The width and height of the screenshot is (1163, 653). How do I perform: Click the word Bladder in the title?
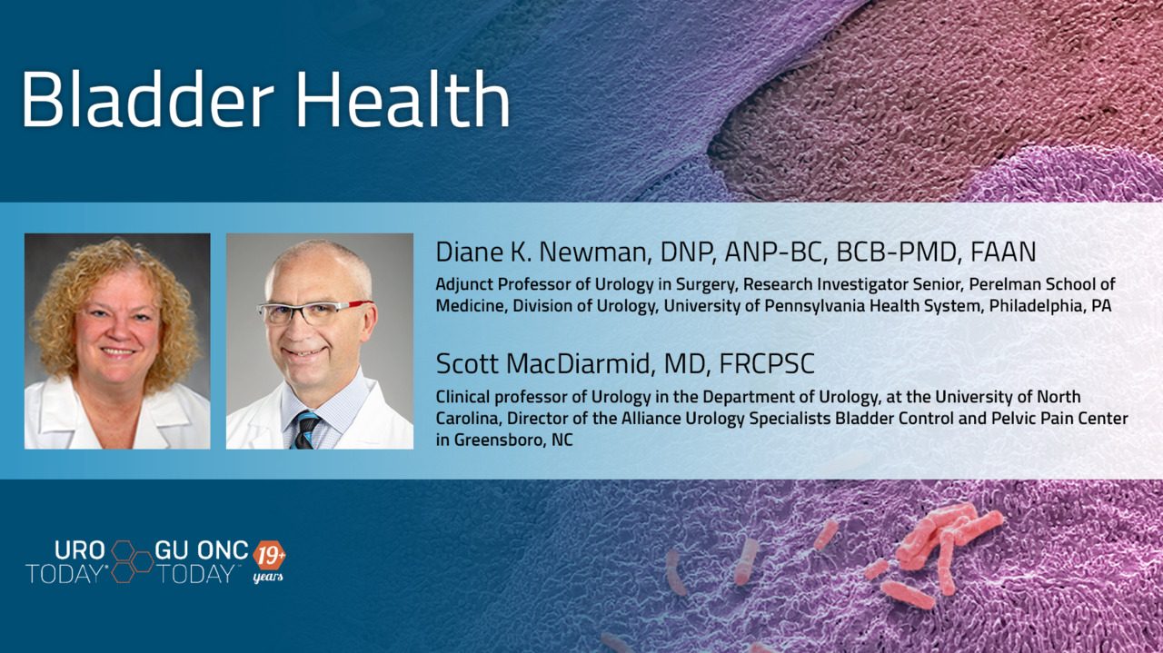148,99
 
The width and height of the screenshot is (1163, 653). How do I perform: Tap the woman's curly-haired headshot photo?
117,341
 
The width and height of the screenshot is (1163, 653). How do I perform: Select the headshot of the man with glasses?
320,341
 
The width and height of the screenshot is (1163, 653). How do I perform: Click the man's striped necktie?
306,430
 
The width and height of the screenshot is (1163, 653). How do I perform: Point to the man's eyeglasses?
314,312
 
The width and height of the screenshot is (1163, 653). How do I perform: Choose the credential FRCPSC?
767,364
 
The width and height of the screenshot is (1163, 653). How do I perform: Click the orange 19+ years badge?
269,561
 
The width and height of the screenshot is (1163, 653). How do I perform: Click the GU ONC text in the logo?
202,550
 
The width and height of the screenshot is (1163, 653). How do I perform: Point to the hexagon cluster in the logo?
132,561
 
